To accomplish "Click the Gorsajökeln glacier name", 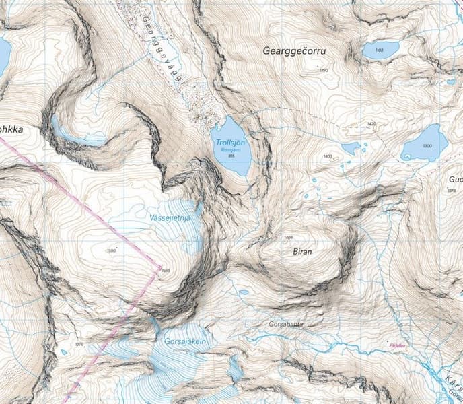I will pos(184,342).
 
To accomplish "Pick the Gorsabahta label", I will pos(287,323).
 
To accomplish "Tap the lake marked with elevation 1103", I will pos(380,50).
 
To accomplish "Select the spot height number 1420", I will pos(371,124).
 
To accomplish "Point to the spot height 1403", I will pos(328,156).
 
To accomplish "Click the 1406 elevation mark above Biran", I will pos(289,238).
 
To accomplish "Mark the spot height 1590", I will pos(112,251).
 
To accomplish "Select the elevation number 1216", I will pos(80,344).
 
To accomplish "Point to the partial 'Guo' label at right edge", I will pos(455,180).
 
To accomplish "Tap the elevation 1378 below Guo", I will pos(452,191).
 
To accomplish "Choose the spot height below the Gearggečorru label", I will pos(323,70).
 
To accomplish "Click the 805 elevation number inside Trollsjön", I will pos(231,156).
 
